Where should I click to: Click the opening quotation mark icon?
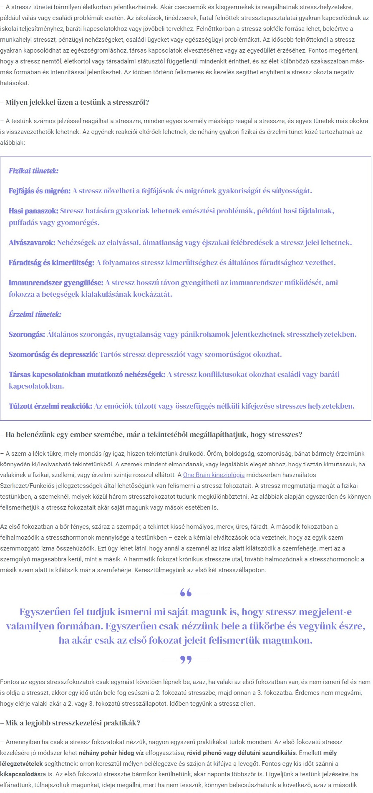click(x=186, y=592)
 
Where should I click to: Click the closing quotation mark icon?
click(x=186, y=660)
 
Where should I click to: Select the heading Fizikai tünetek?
click(x=33, y=171)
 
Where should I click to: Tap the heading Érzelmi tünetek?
click(x=35, y=314)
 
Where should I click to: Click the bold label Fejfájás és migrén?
click(x=40, y=191)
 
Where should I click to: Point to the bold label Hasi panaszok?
click(x=33, y=211)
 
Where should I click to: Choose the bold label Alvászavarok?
click(x=32, y=242)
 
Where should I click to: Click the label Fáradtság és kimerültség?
click(x=52, y=263)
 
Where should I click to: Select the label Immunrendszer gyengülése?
click(x=56, y=283)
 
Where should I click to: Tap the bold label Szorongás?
click(x=27, y=334)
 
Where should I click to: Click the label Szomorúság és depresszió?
click(x=53, y=354)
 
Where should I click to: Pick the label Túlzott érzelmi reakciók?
click(x=50, y=406)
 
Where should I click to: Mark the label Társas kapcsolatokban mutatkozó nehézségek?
click(x=87, y=374)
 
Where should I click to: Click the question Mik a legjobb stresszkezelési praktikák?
click(x=73, y=723)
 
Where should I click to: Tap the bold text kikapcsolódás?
click(x=20, y=775)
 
